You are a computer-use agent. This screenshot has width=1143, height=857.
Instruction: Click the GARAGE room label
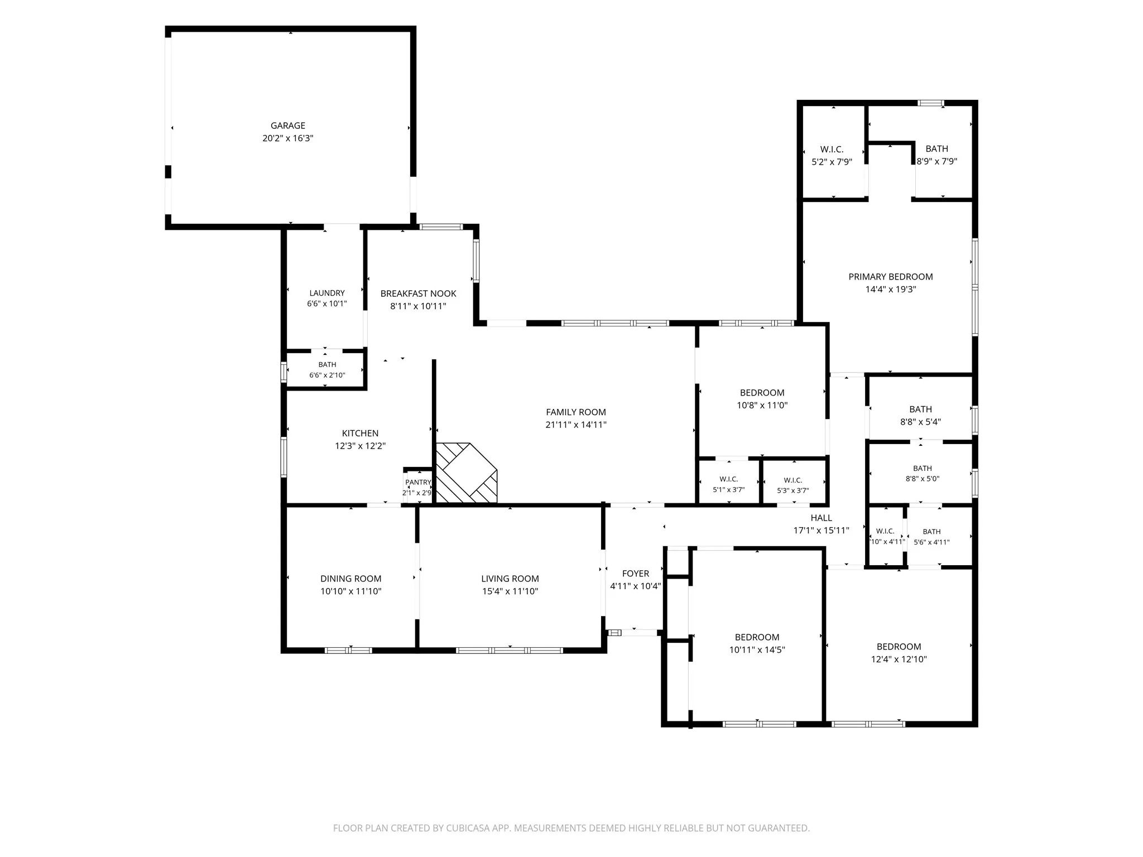[288, 126]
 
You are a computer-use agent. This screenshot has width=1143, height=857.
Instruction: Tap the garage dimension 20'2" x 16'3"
[288, 138]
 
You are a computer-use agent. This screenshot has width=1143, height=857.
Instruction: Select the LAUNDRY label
[327, 293]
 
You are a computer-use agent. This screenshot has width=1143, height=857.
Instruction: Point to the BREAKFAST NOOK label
[419, 293]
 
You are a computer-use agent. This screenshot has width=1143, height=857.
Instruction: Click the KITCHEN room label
[361, 433]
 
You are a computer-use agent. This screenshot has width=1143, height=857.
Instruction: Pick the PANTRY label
[419, 482]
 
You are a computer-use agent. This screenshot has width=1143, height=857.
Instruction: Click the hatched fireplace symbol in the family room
[466, 473]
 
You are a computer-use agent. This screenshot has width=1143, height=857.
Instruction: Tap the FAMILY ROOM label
[576, 412]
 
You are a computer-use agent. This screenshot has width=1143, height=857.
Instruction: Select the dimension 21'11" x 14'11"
[576, 425]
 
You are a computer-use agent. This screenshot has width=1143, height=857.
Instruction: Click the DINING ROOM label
[351, 579]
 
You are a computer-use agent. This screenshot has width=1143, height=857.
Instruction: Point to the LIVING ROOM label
[510, 579]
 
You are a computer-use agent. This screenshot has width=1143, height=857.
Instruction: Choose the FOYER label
[636, 574]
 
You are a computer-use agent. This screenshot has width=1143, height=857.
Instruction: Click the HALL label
[822, 518]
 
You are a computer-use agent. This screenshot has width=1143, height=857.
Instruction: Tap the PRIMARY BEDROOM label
[891, 277]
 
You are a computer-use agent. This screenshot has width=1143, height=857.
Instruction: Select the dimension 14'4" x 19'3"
[891, 290]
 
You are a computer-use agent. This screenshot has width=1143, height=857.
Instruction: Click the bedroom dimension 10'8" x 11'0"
[762, 406]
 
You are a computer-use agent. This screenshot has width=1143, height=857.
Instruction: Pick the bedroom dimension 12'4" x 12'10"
[899, 659]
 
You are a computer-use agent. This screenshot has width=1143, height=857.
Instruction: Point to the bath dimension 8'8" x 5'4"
[921, 422]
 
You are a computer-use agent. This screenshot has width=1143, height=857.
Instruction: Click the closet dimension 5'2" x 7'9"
[832, 162]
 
